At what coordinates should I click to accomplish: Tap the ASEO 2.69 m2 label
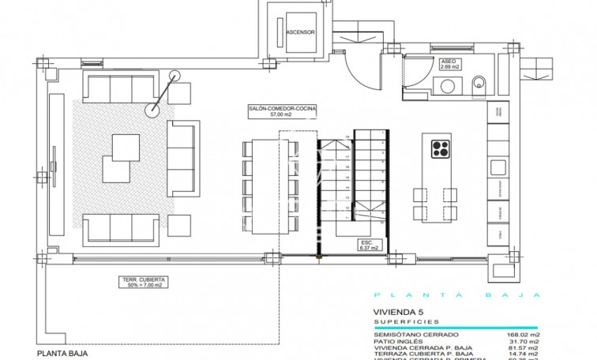(452, 65)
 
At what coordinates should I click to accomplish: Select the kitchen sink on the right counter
(497, 167)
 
